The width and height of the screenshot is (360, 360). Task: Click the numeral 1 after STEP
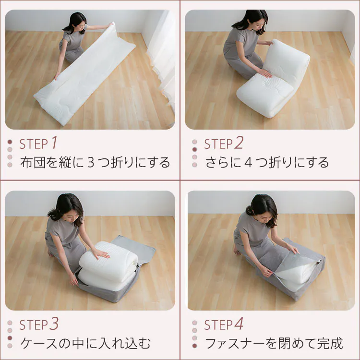coord(54,143)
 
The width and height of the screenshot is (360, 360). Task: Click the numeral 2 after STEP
coord(239,143)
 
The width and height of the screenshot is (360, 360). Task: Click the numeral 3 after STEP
coord(54,324)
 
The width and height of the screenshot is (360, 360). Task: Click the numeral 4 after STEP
coord(239,324)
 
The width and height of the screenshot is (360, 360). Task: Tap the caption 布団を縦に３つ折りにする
coord(95,162)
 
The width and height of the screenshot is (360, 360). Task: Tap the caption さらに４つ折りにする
coord(267,162)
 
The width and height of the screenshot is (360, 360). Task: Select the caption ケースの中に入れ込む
coord(85,343)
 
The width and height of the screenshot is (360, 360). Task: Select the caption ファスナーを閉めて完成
coord(274,343)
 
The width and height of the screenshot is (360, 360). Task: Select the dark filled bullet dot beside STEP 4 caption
coord(194,346)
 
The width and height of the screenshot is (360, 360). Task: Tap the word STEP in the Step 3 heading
coord(34,325)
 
